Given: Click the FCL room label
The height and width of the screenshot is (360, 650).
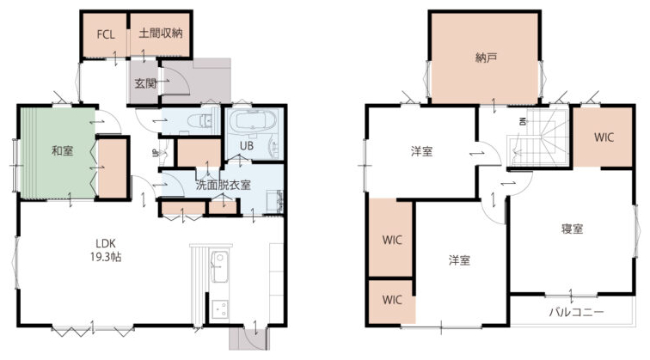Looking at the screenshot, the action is tap(106, 34).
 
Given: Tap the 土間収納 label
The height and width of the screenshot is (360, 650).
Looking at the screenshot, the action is tap(161, 34).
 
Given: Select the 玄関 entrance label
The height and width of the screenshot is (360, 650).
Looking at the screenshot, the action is tap(145, 83).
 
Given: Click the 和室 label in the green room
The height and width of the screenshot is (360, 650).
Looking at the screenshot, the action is tap(62, 151).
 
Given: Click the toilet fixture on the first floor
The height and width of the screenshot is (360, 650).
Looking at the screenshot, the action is tap(201, 121).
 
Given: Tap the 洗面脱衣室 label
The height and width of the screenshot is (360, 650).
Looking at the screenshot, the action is tap(223, 185).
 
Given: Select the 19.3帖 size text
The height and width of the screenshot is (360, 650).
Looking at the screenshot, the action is tap(106, 257).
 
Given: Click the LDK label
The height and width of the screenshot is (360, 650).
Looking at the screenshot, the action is tap(106, 243).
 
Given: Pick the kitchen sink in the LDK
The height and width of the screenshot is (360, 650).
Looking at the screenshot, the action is tap(219, 266).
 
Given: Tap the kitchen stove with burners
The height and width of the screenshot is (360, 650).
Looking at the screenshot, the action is tap(219, 308).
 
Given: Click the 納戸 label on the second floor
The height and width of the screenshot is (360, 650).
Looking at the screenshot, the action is tap(486, 58).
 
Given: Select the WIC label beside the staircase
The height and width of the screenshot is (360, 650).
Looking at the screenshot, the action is tap(604, 137).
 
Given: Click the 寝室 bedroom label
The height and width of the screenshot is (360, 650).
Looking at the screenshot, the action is tap(572, 229).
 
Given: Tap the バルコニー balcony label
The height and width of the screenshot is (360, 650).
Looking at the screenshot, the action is tap(576, 312).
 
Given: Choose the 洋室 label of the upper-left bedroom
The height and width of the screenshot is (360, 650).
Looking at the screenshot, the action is tap(421, 151).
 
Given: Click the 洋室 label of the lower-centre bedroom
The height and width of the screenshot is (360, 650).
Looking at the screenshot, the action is tap(459, 260).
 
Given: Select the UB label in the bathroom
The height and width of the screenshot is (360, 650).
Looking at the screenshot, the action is tap(247, 146).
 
